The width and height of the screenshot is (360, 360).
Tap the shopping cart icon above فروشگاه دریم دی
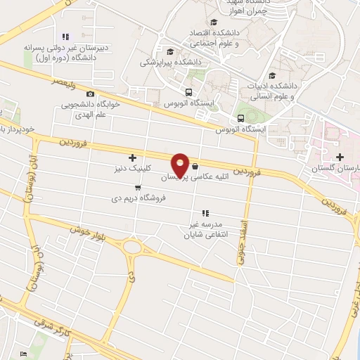(138, 187)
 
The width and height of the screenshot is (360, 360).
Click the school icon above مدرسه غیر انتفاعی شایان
(205, 212)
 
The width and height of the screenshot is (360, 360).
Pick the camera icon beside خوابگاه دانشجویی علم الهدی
(90, 94)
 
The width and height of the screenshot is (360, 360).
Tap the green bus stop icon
(240, 117)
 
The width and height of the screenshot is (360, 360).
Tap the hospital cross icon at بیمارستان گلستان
(340, 157)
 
